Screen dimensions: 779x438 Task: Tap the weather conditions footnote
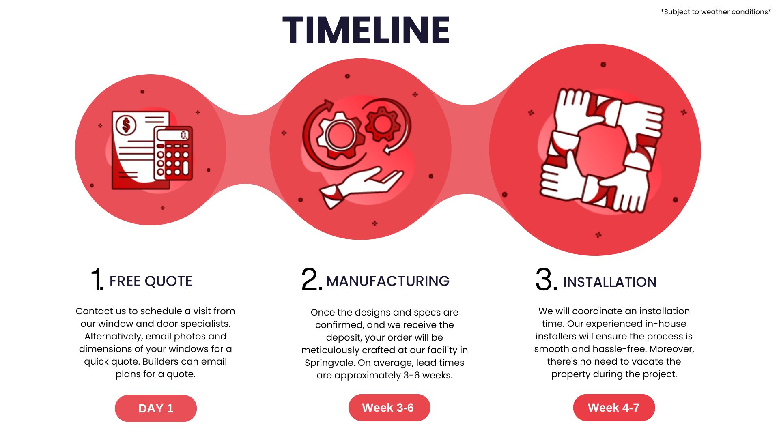pos(716,12)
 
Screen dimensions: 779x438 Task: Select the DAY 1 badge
pos(156,408)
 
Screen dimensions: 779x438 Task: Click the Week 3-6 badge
pos(389,408)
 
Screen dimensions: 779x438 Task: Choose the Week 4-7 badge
pos(614,408)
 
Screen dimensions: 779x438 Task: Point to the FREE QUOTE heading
pos(151,281)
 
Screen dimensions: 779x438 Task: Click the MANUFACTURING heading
pos(388,281)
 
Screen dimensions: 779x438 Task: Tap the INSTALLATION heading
pos(610,282)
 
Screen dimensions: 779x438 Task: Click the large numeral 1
pos(97,279)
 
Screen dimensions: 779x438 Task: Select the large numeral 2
pos(311,279)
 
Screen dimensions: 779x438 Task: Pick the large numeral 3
pos(546,279)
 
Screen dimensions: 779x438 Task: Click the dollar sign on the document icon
pos(126,125)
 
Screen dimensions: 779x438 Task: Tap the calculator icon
pos(173,153)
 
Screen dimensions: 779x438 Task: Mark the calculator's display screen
pos(173,135)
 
